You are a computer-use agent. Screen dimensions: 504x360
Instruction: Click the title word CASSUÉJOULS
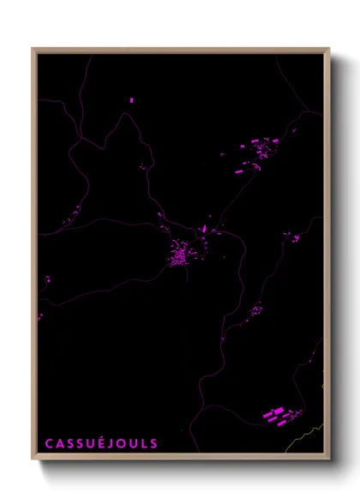(x=101, y=443)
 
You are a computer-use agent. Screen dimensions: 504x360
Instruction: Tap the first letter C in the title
(x=49, y=443)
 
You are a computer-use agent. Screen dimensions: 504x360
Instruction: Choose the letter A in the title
(x=60, y=443)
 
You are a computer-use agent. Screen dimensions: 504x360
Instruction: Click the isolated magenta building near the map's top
(x=131, y=100)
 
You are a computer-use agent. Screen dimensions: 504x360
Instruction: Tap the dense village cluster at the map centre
(x=182, y=255)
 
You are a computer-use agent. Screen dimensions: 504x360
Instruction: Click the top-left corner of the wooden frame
(x=33, y=49)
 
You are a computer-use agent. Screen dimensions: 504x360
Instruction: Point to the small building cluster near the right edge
(x=293, y=237)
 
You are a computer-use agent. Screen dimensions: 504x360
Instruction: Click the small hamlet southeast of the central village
(x=255, y=309)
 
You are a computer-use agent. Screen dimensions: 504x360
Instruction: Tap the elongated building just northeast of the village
(x=204, y=231)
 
